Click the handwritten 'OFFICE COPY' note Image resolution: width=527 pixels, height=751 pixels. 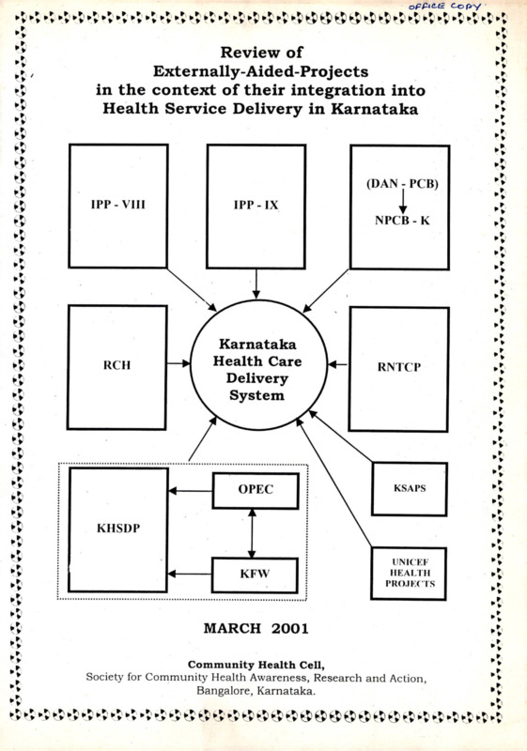coord(444,7)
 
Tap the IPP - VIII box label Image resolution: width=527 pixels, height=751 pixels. coord(117,205)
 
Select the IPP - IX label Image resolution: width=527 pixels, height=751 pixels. coord(256,205)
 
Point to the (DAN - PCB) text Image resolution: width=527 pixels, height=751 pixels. coord(402,183)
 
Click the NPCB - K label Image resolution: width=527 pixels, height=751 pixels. coord(402,221)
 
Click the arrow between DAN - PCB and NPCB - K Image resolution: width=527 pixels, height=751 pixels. coord(402,201)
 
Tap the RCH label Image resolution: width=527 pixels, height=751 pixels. coord(116,365)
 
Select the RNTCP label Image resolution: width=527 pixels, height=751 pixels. coord(398,367)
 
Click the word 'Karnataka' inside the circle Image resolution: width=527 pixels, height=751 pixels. coord(257,345)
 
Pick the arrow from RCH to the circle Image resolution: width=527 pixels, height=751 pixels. coord(178,364)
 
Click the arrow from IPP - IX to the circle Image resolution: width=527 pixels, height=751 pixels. coord(256,284)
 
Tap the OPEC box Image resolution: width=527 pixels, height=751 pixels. coord(256,491)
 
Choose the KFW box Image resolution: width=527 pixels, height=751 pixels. coord(255,575)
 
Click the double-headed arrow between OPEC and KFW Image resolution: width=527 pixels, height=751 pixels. coord(252,533)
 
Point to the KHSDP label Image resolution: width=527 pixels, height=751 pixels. coord(118,529)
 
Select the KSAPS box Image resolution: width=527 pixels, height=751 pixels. coord(410,489)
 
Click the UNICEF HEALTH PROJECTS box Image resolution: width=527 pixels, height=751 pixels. coord(409,574)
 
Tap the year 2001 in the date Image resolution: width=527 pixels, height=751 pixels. coord(290,628)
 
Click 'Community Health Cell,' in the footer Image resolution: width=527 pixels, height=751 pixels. coord(256,665)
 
